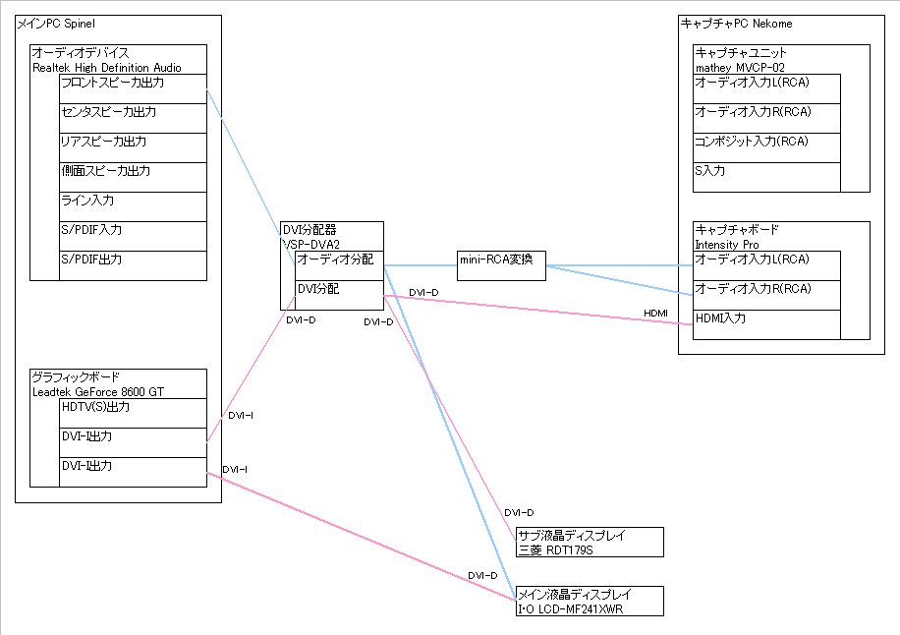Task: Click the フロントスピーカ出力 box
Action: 133,88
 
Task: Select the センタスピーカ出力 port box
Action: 133,118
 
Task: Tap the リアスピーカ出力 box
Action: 133,147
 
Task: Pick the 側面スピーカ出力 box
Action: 133,177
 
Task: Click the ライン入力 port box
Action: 133,206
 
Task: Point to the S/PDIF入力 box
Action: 133,236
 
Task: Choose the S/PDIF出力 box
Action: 133,265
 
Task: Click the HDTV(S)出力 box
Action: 133,413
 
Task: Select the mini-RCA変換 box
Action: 502,265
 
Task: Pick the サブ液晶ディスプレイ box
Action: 590,542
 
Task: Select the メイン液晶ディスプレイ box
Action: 590,601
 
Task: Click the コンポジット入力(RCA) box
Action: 766,147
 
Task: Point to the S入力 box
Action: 766,177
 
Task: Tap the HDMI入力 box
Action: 766,324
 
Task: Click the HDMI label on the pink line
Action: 655,313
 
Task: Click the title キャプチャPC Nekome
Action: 736,23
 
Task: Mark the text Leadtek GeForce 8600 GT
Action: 98,391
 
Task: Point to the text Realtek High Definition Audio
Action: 106,67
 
